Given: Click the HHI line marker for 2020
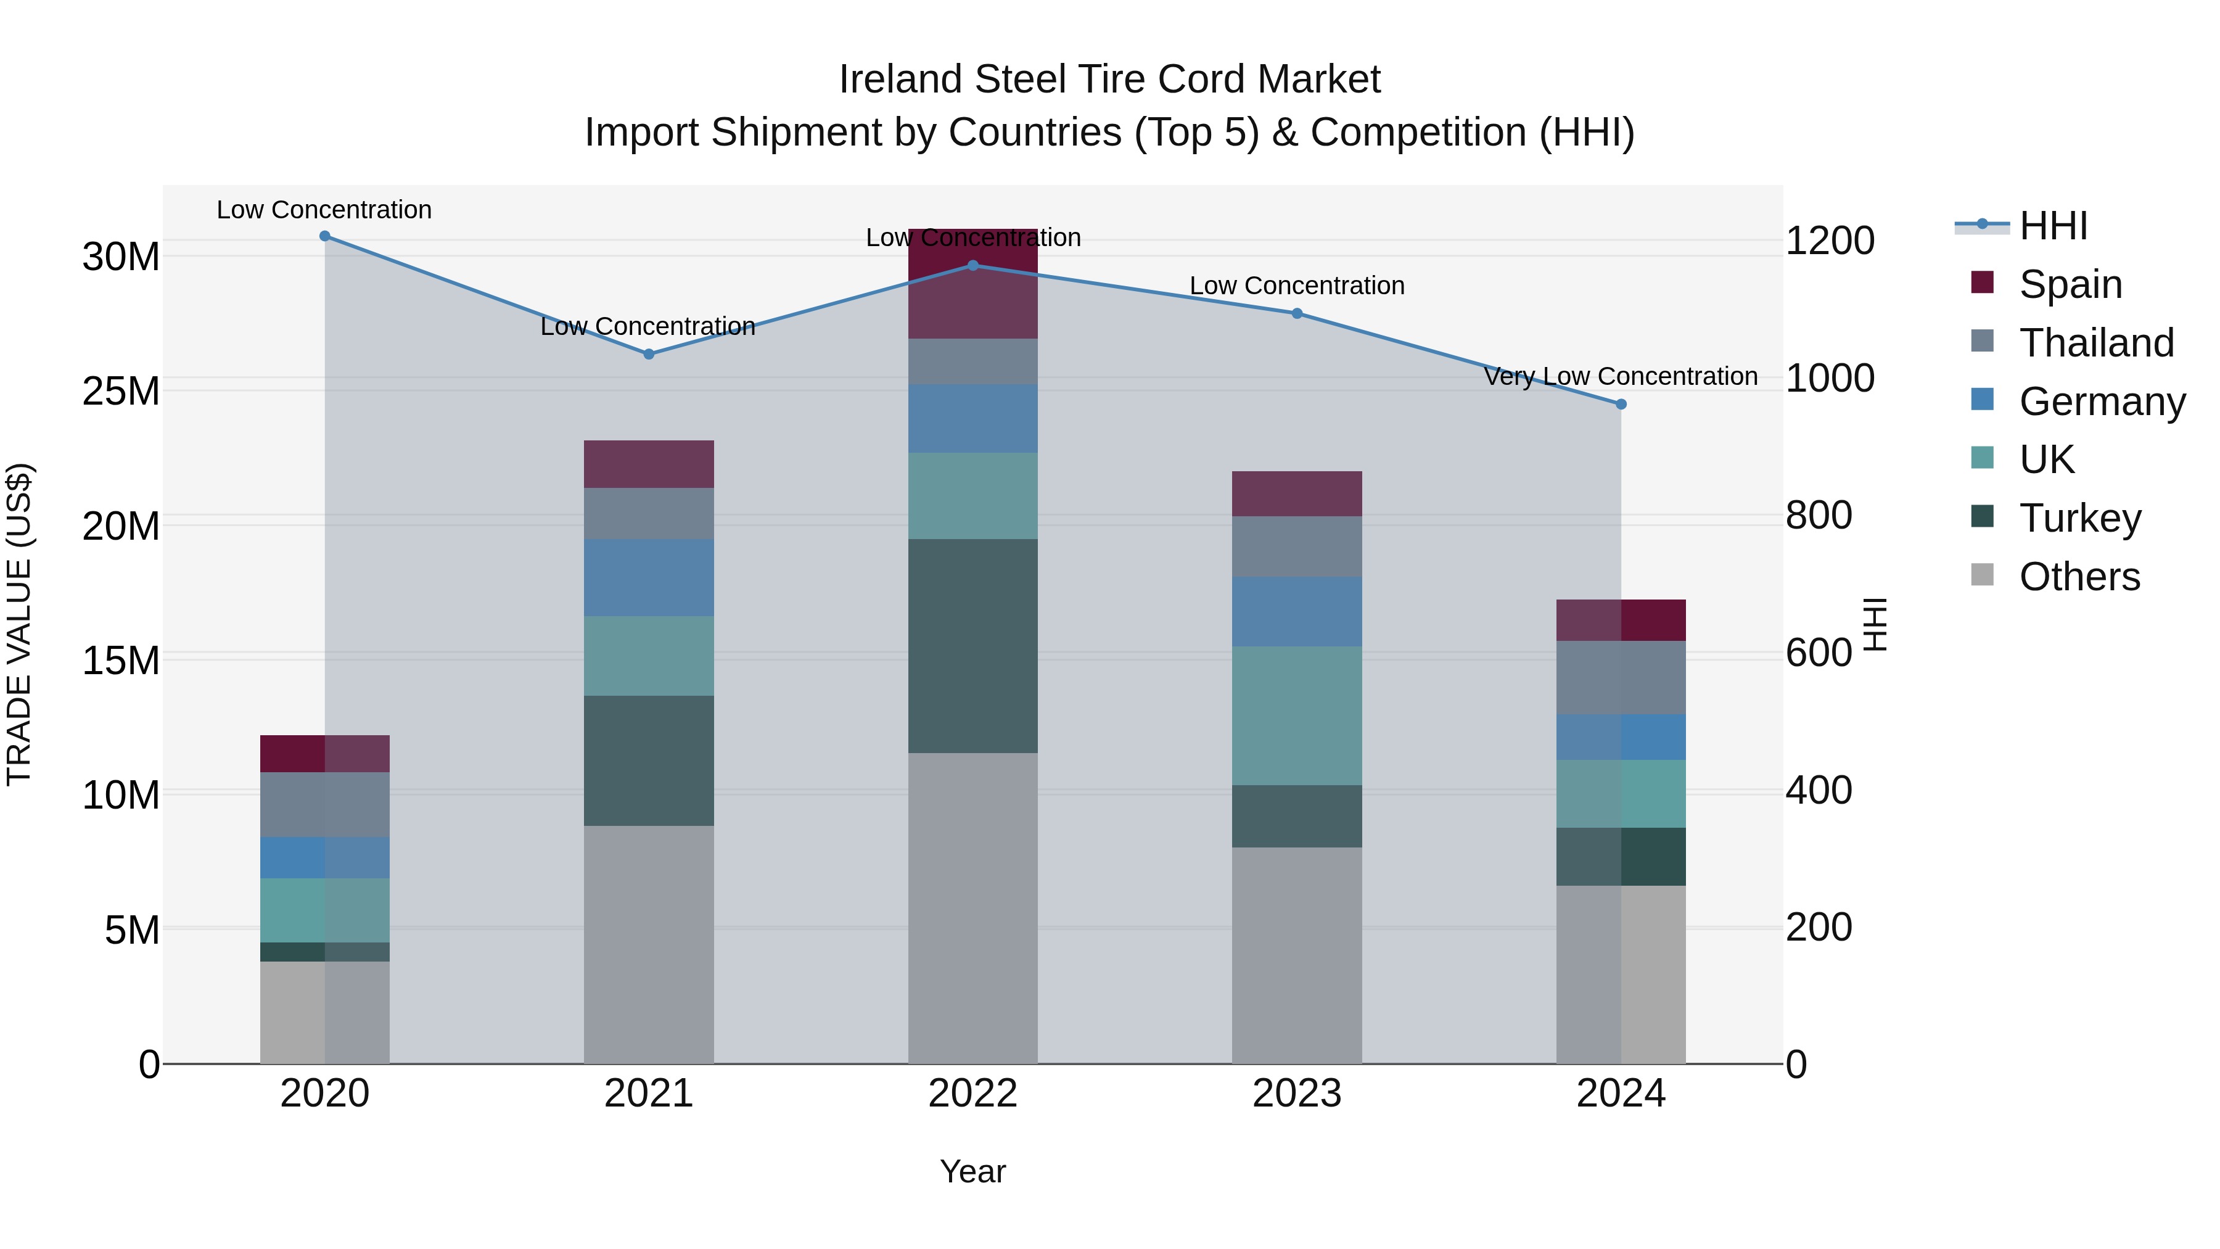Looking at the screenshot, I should [x=325, y=236].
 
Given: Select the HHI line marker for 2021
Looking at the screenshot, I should [x=649, y=354].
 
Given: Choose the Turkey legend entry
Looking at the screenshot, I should [x=2079, y=518].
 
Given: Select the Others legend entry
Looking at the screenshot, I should [x=2079, y=577].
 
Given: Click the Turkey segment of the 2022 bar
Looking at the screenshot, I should [x=973, y=646].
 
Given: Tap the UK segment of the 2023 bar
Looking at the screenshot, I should [x=1296, y=715].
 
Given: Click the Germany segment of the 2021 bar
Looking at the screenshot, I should [x=649, y=577].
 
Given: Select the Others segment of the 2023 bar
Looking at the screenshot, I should [x=1296, y=955].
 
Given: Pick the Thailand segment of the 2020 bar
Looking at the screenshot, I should [x=325, y=804].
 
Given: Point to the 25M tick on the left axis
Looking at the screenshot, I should [x=121, y=391].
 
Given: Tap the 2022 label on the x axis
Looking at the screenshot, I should [x=973, y=1094].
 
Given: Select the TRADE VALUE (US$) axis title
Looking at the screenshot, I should [x=19, y=624].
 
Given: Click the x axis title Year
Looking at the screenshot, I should [x=973, y=1171].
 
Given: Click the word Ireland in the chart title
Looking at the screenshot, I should [x=900, y=80].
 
